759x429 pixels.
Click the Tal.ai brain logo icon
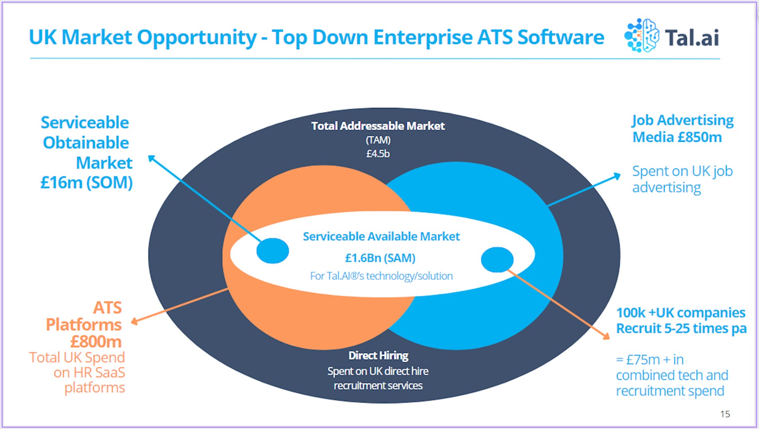point(641,35)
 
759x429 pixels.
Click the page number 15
point(725,414)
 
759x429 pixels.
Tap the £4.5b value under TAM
point(378,153)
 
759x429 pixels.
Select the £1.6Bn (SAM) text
point(380,258)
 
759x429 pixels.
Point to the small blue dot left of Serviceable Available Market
point(273,251)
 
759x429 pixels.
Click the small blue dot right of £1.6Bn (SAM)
point(497,260)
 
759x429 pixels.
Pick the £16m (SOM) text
point(87,183)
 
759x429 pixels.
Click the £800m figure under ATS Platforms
point(96,342)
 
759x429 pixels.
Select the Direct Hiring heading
point(378,355)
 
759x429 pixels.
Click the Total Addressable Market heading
point(378,126)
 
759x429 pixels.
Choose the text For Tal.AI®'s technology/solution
point(381,276)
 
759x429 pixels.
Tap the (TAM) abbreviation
point(378,140)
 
